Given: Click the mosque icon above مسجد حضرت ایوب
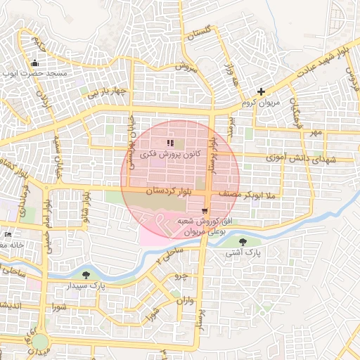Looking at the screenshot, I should click(35, 64).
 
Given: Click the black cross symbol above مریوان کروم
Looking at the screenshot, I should click(261, 91).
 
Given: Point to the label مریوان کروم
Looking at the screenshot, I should click(261, 103).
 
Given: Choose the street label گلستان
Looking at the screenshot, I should click(198, 34).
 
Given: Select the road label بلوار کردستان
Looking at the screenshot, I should click(169, 191).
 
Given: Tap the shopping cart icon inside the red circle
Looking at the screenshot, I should click(205, 210).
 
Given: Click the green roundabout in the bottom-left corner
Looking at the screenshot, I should click(40, 342).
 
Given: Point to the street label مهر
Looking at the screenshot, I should click(316, 132).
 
